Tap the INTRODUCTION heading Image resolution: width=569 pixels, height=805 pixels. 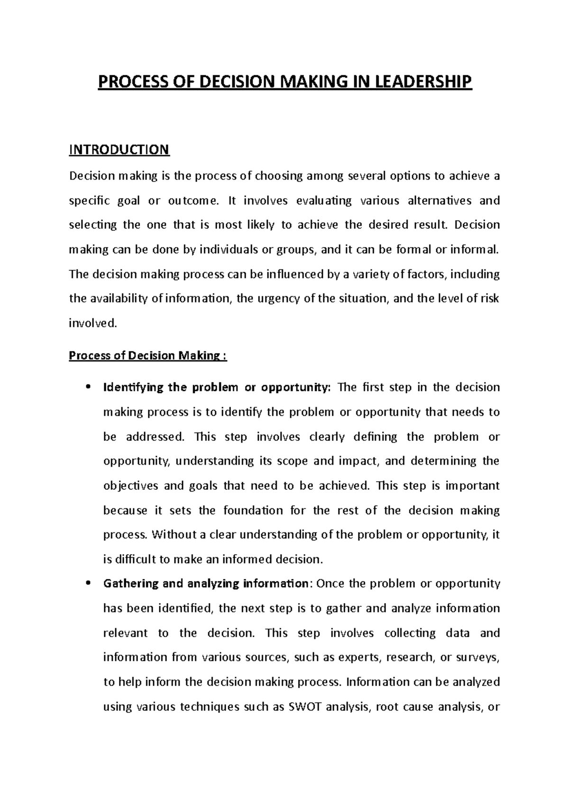coord(119,150)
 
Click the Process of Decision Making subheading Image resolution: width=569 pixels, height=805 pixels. coord(148,356)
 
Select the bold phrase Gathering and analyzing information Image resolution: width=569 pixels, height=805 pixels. coord(206,584)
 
